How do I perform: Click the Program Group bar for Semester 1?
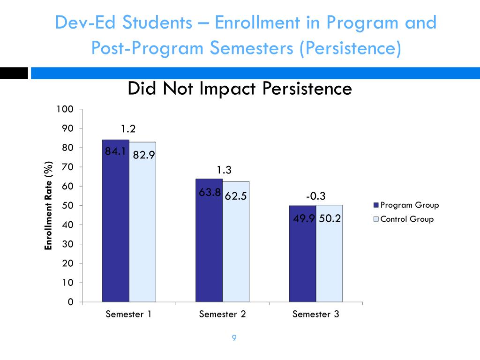click(116, 225)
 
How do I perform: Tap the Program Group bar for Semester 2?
click(209, 248)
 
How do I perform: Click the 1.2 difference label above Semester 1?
click(129, 128)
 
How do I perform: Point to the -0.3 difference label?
click(316, 196)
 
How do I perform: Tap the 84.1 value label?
click(115, 151)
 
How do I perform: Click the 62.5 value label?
click(236, 196)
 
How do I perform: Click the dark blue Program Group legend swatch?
click(375, 205)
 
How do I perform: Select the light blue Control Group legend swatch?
click(375, 219)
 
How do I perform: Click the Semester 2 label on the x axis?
click(222, 314)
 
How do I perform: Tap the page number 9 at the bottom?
click(234, 338)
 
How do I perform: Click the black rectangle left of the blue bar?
click(14, 73)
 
